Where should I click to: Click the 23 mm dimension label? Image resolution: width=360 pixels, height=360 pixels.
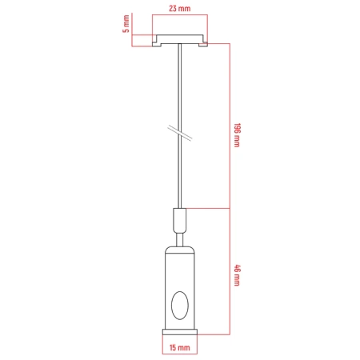[180, 9]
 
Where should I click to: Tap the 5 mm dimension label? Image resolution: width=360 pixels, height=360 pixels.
[126, 24]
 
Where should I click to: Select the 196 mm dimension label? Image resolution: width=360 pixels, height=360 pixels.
[237, 135]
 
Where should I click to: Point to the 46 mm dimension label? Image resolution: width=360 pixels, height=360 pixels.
[237, 275]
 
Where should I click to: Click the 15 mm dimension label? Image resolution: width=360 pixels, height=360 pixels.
[180, 347]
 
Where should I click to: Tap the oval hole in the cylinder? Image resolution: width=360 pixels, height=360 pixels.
[180, 306]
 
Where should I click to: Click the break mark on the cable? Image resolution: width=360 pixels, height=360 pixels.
[180, 133]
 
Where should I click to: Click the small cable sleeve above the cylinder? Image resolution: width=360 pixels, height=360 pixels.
[180, 220]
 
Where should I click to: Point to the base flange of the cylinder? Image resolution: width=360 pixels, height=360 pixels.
[180, 332]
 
